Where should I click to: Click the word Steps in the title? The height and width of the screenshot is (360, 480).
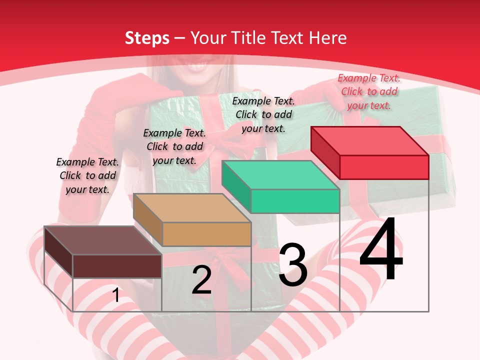[x=147, y=38]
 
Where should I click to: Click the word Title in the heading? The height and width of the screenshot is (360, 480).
[x=247, y=38]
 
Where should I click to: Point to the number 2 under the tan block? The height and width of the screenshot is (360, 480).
[x=201, y=280]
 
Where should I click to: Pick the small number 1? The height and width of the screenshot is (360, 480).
[x=116, y=295]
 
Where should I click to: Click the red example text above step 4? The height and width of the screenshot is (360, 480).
[x=369, y=91]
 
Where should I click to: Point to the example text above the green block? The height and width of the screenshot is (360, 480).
[x=263, y=114]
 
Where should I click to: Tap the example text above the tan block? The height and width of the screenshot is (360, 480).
[x=174, y=146]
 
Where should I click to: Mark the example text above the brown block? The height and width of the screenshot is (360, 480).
[x=87, y=175]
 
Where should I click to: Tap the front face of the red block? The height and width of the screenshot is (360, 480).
[x=384, y=167]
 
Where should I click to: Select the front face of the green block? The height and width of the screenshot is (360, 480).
[x=295, y=201]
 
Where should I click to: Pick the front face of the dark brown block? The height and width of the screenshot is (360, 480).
[x=117, y=266]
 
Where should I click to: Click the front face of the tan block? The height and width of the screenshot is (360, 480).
[x=206, y=234]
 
